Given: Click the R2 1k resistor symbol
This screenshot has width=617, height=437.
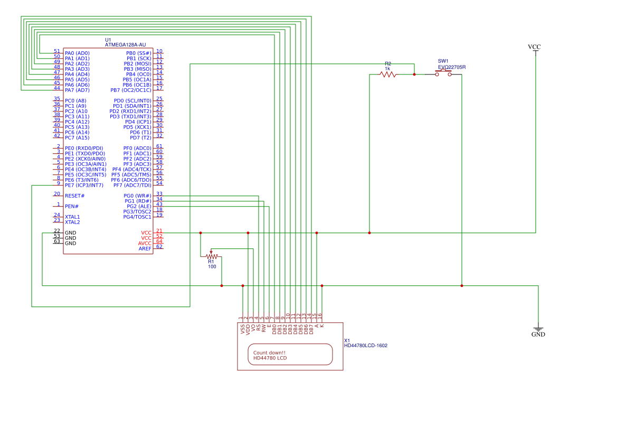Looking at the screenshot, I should [388, 75].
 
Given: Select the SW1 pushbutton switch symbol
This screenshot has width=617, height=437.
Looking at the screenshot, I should [443, 74].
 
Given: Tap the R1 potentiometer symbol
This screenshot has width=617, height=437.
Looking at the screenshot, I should [211, 256].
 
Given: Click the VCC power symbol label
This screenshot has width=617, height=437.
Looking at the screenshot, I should [534, 47].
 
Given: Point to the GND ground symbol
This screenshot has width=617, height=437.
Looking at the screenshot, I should [538, 330].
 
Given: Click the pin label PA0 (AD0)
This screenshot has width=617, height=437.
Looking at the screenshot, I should [77, 53].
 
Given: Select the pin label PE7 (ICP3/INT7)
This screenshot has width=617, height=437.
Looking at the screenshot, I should [84, 185].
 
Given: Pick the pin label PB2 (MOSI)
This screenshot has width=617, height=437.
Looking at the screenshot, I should [137, 64].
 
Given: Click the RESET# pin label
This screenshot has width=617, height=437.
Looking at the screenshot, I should [74, 196].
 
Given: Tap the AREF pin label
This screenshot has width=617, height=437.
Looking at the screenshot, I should [145, 249].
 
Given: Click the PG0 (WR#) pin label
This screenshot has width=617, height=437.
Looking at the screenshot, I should [137, 196].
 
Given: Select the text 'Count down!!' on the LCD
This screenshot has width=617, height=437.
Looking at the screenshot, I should [269, 353].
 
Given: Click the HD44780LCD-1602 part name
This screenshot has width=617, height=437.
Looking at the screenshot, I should [366, 346].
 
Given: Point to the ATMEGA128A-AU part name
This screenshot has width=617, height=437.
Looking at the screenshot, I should [125, 45].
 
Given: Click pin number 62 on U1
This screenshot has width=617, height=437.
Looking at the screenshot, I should [159, 247].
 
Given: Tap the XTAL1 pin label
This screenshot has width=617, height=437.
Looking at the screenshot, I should [72, 217].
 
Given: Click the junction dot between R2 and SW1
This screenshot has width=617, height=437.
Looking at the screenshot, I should [414, 75].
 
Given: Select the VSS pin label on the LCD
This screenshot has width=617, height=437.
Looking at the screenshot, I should [243, 329].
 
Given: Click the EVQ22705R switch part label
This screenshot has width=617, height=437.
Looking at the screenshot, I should [452, 67].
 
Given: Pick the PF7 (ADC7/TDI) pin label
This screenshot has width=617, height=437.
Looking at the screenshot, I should [132, 185].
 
